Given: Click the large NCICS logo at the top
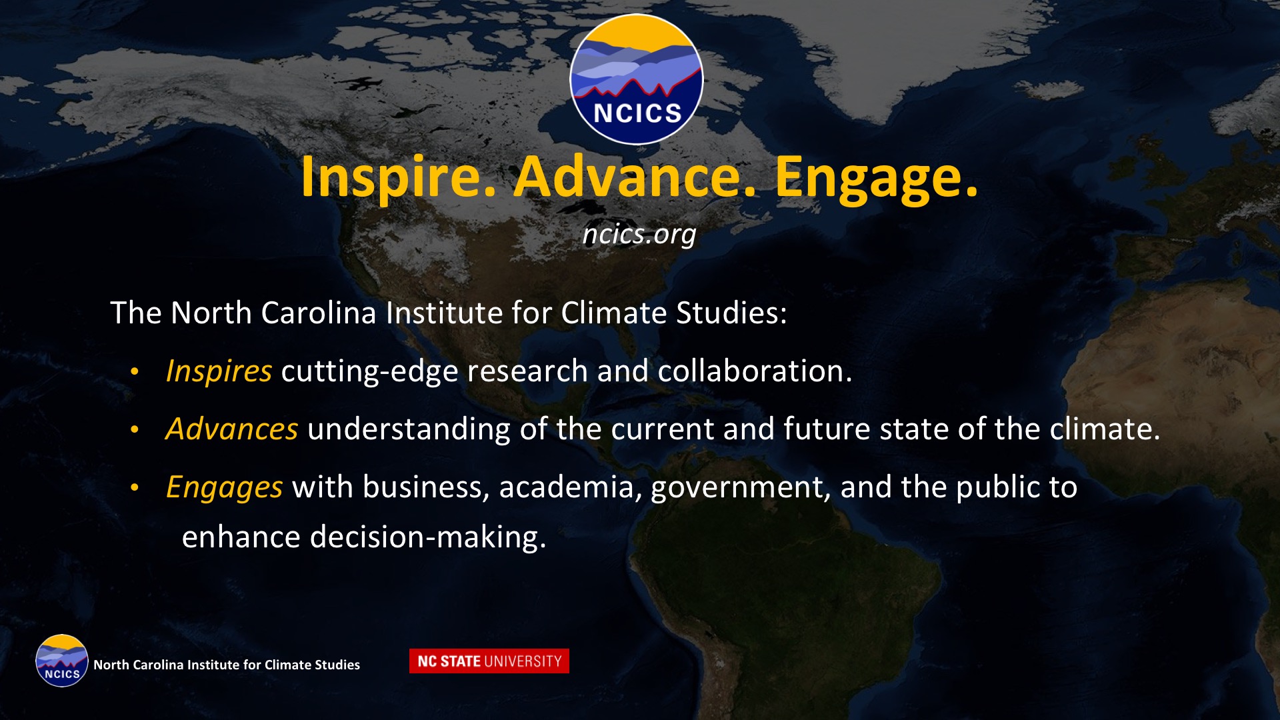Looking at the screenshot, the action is (637, 79).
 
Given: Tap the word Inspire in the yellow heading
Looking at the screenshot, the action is (398, 177).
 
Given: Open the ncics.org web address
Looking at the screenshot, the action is (639, 234).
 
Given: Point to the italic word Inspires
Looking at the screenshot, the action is (219, 371).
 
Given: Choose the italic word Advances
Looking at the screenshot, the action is (231, 429).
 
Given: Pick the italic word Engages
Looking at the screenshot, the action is (224, 487).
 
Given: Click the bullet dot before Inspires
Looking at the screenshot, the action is (135, 371).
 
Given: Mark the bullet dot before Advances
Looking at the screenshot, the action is (135, 430).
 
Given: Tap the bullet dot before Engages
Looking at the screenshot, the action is (135, 488).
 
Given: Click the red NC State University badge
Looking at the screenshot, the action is (489, 661).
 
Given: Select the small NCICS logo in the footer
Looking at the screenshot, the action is (62, 661).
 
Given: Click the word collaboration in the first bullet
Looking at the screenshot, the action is (755, 371).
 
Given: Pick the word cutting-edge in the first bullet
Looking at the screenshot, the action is (370, 371).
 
